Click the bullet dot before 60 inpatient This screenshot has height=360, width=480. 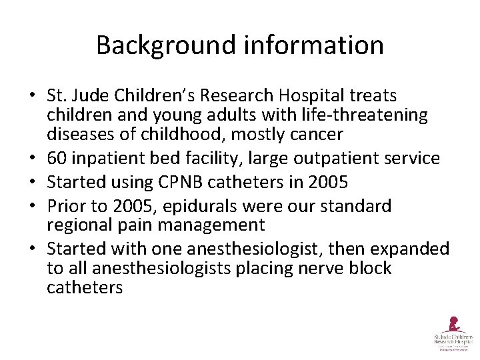pos(32,159)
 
